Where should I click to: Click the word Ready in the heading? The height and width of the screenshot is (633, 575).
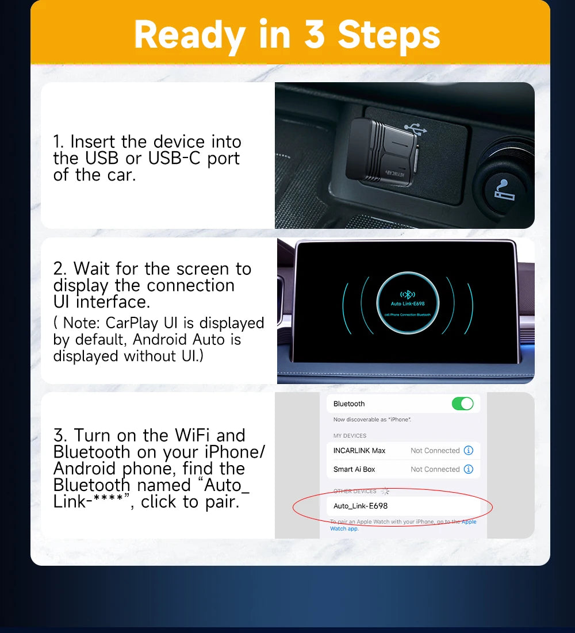coord(189,35)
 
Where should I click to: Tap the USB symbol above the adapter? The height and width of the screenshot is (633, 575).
coord(415,128)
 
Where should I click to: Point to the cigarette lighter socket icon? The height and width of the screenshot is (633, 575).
coord(505,189)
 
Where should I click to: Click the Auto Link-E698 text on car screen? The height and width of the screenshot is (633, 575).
coord(408,303)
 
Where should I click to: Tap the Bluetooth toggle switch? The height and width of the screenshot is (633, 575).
coord(462,404)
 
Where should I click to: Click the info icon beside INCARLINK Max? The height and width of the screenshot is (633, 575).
coord(468,450)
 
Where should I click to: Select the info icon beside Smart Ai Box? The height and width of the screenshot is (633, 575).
coord(468,469)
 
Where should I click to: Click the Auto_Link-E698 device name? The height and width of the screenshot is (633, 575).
coord(361,506)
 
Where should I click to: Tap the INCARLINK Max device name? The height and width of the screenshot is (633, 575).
coord(359,451)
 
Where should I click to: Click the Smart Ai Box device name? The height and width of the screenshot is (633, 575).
coord(354,469)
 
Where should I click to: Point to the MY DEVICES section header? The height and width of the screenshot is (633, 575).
coord(350,436)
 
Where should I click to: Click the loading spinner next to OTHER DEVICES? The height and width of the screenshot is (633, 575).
coord(385,491)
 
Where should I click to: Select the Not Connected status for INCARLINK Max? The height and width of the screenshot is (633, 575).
coord(435,451)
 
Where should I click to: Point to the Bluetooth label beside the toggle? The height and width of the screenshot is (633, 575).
coord(349,404)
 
